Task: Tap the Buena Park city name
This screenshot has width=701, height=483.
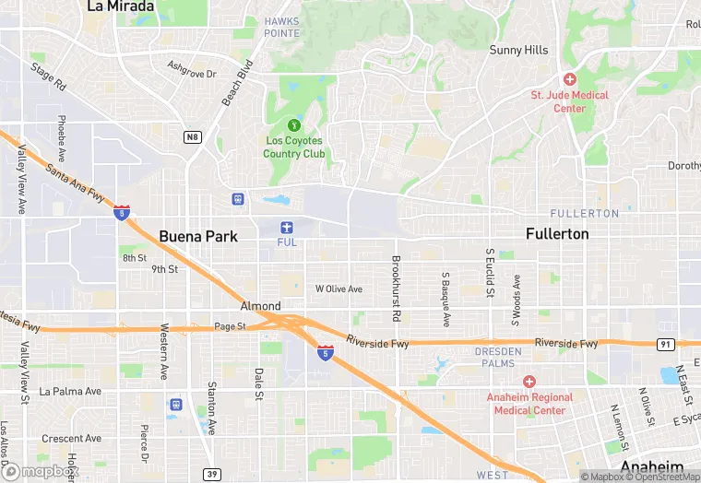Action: [x=198, y=236]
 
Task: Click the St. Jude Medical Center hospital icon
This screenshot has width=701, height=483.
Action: [x=570, y=79]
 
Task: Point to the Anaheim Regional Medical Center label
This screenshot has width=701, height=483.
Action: [x=529, y=403]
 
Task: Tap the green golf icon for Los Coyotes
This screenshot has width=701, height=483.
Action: [x=294, y=124]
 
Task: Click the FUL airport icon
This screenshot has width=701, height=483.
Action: [x=286, y=227]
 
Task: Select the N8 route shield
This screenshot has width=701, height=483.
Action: [x=192, y=137]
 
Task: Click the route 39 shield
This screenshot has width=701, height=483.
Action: [x=213, y=473]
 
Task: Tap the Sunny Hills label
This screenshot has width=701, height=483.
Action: [x=518, y=50]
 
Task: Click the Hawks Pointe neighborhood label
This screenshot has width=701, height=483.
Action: [x=282, y=27]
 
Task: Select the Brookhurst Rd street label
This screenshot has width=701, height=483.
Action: [x=396, y=288]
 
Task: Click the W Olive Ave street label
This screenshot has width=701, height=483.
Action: [x=339, y=289]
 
